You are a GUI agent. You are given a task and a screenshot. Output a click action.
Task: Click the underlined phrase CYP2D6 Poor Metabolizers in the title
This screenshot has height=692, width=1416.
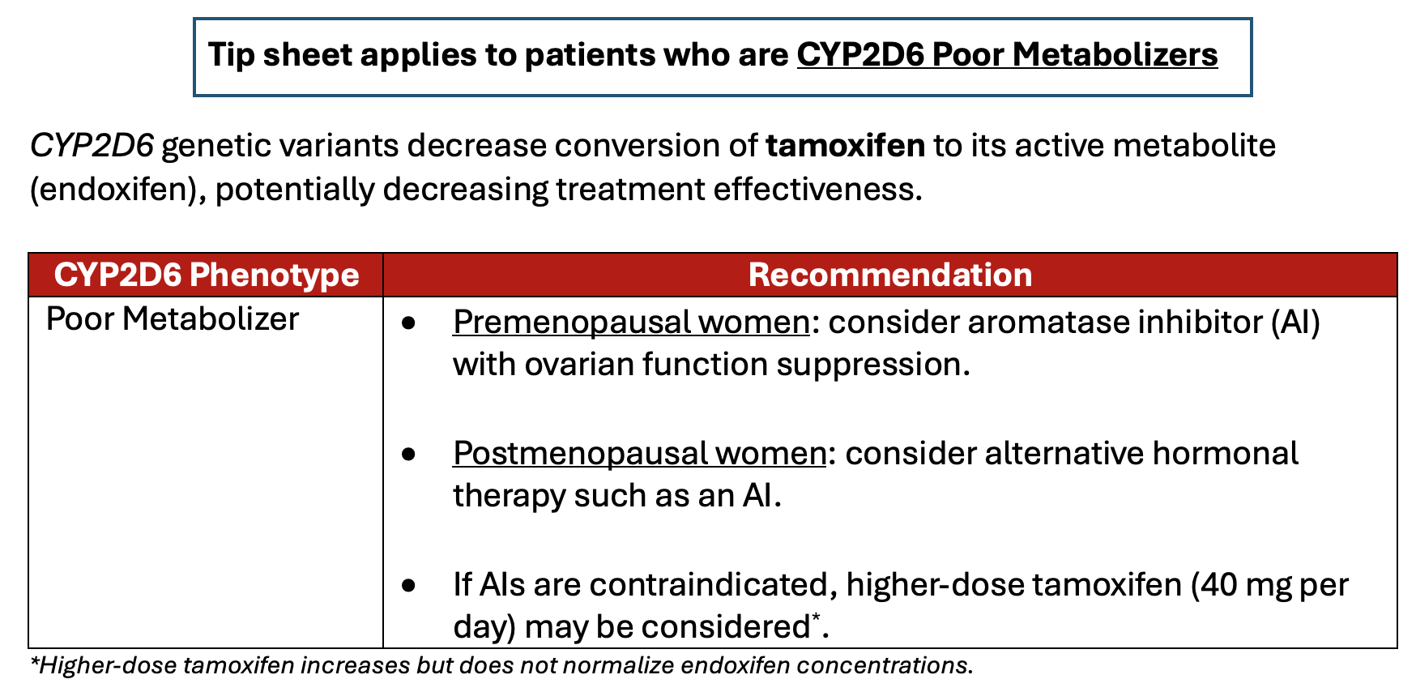click(1007, 55)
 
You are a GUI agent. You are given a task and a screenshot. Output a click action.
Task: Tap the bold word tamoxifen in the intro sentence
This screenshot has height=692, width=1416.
click(845, 146)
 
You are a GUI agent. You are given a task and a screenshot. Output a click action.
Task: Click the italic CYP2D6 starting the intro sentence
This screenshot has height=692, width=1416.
click(92, 146)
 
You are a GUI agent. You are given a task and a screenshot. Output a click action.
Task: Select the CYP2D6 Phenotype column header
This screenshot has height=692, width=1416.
click(206, 275)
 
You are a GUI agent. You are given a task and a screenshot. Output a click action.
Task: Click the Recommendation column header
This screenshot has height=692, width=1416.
click(889, 275)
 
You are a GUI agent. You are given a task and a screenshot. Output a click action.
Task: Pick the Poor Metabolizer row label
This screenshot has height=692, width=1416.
click(173, 319)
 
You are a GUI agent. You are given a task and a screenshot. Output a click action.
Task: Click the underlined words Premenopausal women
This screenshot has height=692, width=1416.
click(631, 323)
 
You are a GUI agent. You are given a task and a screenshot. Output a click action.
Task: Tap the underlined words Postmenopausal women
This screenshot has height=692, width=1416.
click(639, 454)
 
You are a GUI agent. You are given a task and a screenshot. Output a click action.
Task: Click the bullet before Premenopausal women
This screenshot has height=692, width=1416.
click(409, 323)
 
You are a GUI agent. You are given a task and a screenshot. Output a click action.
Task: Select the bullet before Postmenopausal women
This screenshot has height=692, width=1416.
click(409, 455)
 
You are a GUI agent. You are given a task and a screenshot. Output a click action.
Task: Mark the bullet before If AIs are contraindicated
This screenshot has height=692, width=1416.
click(409, 585)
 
